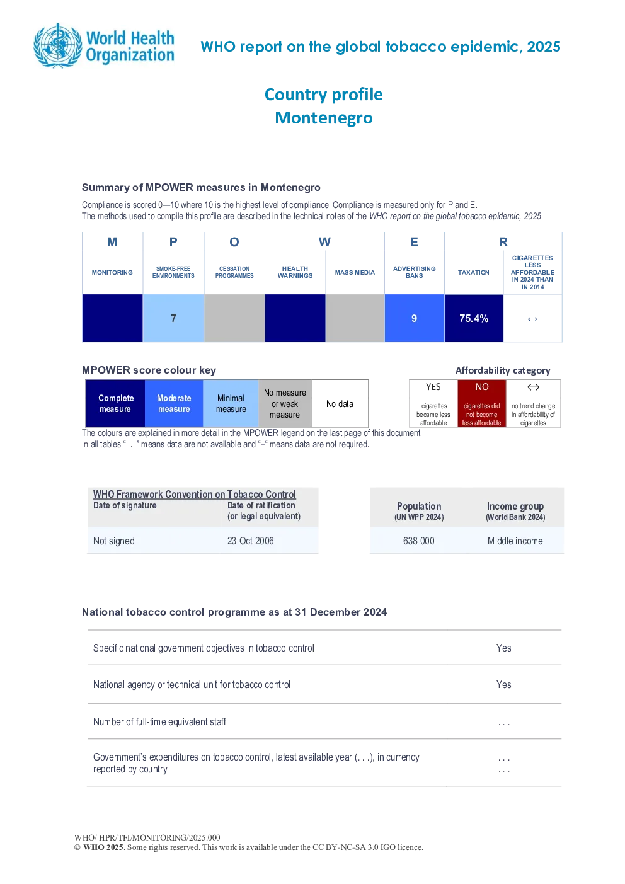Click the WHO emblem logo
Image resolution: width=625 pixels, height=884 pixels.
pos(58,46)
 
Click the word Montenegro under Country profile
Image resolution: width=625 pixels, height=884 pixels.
pos(324,118)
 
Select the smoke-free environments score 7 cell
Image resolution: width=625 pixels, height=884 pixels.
pos(173,318)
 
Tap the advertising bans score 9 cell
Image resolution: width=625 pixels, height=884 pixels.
pos(415,318)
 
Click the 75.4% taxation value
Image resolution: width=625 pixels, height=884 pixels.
pos(474,318)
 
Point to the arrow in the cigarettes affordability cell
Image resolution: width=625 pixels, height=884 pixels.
pos(532,319)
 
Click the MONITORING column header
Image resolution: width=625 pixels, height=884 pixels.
pos(112,272)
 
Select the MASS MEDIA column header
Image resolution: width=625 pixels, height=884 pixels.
pos(355,272)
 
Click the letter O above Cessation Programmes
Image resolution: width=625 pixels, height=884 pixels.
pos(234,242)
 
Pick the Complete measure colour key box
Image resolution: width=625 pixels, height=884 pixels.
pos(115,403)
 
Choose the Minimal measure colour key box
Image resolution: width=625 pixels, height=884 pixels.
pos(231,403)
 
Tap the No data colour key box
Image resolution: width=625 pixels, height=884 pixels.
pos(340,403)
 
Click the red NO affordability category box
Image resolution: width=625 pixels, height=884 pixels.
pos(482,403)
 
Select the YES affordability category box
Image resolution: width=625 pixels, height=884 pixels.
pos(433,403)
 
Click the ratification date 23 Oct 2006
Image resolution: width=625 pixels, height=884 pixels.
pos(250,541)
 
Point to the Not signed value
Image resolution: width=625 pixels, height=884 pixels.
pos(113,541)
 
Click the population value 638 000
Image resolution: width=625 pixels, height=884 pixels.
pos(418,541)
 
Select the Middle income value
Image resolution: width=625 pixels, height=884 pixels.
pos(515,541)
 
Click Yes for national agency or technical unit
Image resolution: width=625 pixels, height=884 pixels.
pos(503,684)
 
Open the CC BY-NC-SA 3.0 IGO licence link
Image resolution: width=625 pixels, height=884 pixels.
pos(367,847)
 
